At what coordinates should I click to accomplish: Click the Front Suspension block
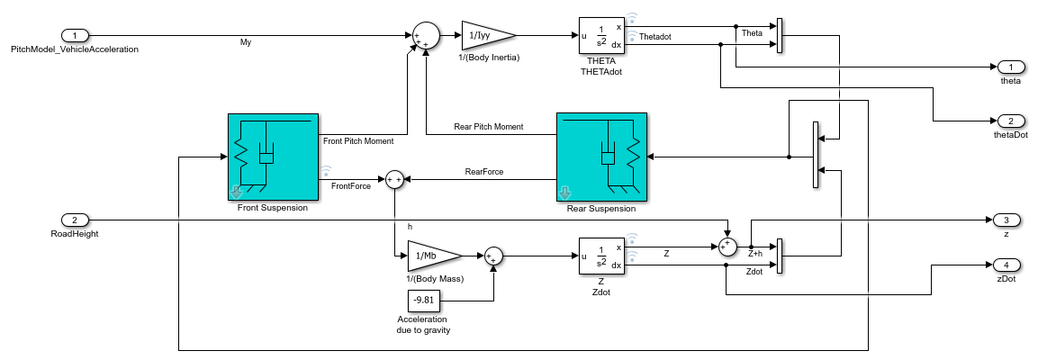click(273, 157)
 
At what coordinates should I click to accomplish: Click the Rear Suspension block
click(602, 157)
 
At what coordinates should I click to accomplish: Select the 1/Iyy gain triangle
click(487, 35)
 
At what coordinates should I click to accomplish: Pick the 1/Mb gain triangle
click(434, 256)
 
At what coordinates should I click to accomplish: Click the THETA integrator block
click(602, 36)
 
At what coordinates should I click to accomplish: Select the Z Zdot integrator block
click(602, 256)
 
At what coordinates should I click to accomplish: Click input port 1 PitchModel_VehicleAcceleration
click(74, 35)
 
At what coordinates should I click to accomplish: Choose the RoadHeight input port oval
click(74, 220)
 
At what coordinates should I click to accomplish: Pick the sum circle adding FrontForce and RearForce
click(394, 179)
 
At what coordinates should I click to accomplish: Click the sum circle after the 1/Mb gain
click(493, 256)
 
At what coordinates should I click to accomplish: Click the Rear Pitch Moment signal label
click(488, 127)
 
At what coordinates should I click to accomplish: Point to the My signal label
click(246, 42)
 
